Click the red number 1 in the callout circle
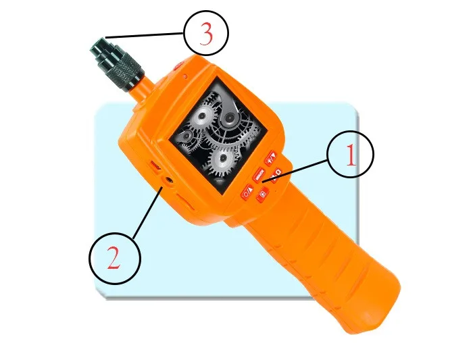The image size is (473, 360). [350, 157]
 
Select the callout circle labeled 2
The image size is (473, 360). [115, 259]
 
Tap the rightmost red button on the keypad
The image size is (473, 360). [277, 177]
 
